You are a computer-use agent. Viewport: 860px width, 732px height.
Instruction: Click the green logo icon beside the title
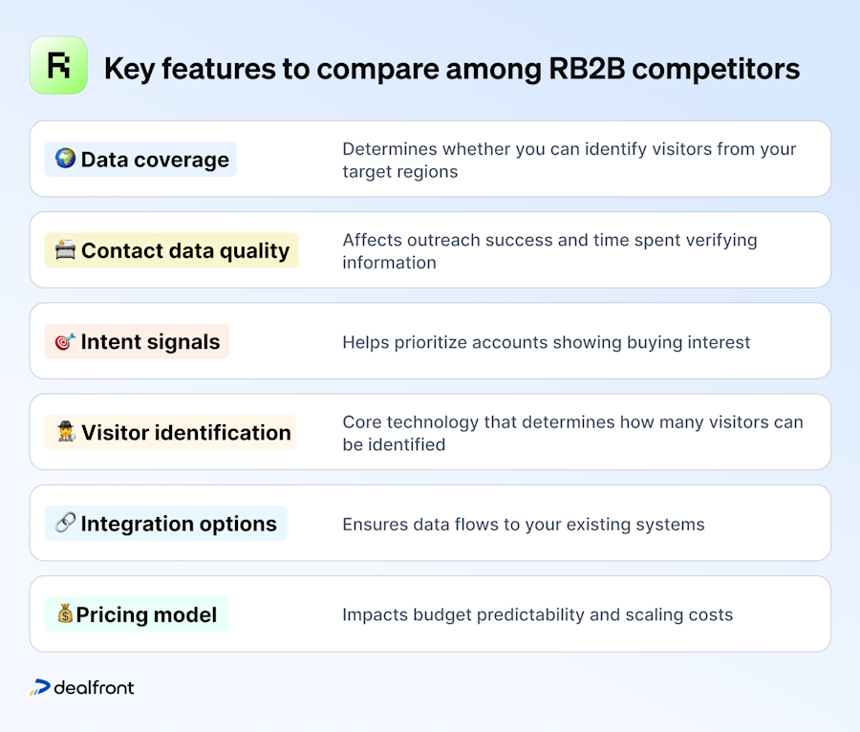pyautogui.click(x=58, y=66)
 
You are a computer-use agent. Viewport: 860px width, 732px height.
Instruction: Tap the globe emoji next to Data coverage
pyautogui.click(x=65, y=159)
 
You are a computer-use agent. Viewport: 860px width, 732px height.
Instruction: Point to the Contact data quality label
pyautogui.click(x=184, y=250)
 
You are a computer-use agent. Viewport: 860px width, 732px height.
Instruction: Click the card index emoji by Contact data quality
pyautogui.click(x=65, y=250)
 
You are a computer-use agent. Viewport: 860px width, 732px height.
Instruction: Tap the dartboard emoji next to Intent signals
pyautogui.click(x=65, y=341)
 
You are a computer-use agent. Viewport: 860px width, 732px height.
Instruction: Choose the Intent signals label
pyautogui.click(x=150, y=341)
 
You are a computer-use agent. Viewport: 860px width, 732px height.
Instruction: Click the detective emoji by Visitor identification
pyautogui.click(x=65, y=432)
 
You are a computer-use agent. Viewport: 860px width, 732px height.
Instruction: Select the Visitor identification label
pyautogui.click(x=185, y=432)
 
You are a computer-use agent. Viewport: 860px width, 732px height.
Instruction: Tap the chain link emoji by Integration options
pyautogui.click(x=65, y=524)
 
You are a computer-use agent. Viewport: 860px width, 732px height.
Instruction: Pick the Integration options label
pyautogui.click(x=179, y=524)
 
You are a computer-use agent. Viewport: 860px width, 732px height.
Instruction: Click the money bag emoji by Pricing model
pyautogui.click(x=65, y=614)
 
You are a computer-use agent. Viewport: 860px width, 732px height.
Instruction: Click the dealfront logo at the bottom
pyautogui.click(x=82, y=687)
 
